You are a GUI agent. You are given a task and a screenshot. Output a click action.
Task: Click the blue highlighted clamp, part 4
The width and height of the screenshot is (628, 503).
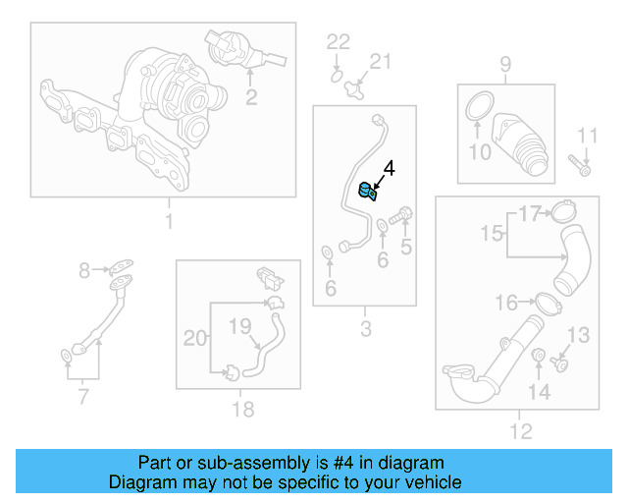[x=368, y=191]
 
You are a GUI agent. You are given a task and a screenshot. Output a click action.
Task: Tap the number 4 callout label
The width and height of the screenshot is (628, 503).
[x=389, y=169]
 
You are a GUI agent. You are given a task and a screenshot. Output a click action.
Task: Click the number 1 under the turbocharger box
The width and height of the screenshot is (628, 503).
[x=168, y=221]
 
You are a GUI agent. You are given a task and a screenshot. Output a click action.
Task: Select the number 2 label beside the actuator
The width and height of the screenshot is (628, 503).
[x=252, y=96]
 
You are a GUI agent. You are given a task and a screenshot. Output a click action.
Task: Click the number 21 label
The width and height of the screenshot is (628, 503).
[x=379, y=62]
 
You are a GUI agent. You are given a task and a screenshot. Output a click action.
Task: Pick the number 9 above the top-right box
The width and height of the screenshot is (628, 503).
[x=505, y=66]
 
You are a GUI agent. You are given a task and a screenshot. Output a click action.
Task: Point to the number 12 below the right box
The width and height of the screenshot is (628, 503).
[x=521, y=430]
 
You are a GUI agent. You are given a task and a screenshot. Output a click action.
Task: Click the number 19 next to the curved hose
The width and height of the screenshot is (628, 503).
[x=240, y=326]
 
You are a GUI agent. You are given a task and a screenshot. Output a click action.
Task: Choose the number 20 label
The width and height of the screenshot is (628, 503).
[x=196, y=338]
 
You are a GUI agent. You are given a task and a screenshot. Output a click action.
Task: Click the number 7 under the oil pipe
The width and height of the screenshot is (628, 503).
[x=82, y=398]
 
